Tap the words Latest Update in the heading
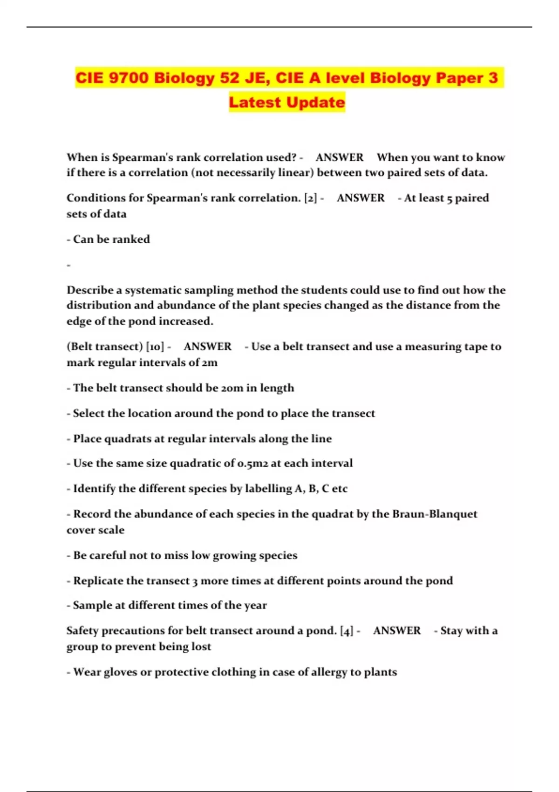287,102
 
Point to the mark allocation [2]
310,198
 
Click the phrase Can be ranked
111,239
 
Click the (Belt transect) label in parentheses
104,347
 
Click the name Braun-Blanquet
435,514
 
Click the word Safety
82,631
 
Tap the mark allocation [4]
347,631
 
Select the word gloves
113,672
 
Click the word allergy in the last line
329,672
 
